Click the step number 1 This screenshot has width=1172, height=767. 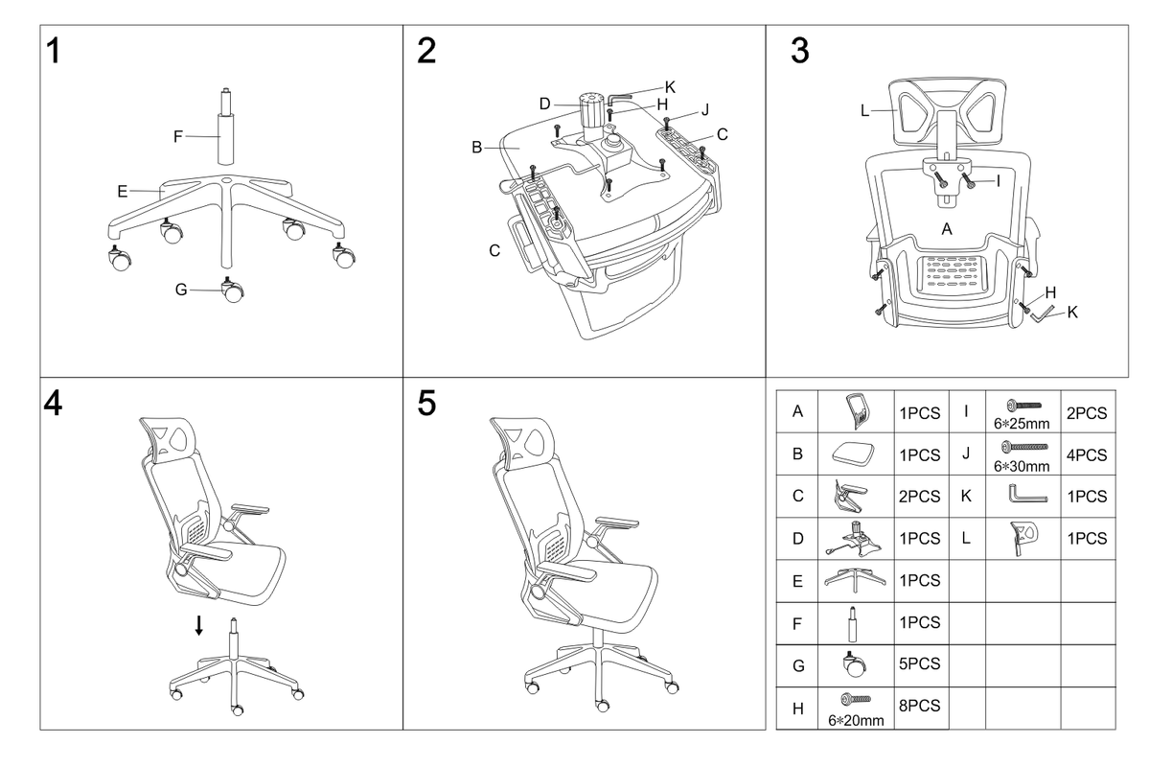coord(57,51)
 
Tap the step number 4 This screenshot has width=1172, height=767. coord(54,404)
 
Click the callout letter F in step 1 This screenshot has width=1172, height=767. coord(178,136)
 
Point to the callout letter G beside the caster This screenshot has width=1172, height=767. coord(181,290)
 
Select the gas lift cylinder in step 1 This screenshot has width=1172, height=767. coord(226,129)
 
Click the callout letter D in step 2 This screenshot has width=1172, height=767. coord(543,103)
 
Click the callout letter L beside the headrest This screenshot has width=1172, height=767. coord(864,111)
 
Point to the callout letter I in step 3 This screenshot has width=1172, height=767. coord(998,178)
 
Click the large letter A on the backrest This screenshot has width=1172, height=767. coord(947,229)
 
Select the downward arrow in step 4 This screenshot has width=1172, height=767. coord(199,625)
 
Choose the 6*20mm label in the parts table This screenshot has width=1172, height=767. coord(856,720)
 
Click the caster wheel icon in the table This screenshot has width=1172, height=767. coord(849,663)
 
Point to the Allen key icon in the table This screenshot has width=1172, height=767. coord(1027,497)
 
